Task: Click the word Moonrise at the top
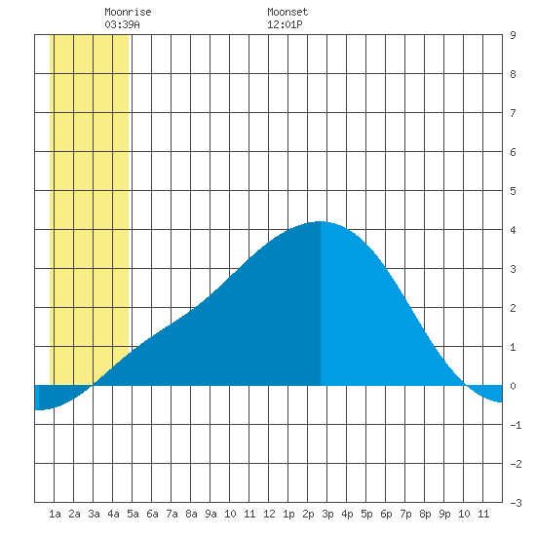(x=128, y=12)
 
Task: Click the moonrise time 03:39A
(x=122, y=24)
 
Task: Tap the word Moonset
(x=287, y=12)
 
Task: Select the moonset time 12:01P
(x=285, y=24)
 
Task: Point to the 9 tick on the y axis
(x=513, y=35)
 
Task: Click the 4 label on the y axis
(x=513, y=230)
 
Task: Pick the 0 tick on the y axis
(x=513, y=386)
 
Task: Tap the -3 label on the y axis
(x=516, y=503)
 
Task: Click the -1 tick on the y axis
(x=516, y=425)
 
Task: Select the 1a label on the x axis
(x=55, y=514)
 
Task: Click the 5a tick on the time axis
(x=133, y=514)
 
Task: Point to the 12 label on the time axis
(x=269, y=514)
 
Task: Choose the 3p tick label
(x=327, y=514)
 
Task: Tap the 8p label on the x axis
(x=425, y=514)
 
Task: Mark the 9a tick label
(x=211, y=514)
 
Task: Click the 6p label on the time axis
(x=386, y=514)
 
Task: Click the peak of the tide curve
(x=320, y=222)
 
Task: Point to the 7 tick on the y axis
(x=513, y=113)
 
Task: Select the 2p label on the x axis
(x=308, y=514)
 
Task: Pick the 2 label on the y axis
(x=513, y=308)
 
